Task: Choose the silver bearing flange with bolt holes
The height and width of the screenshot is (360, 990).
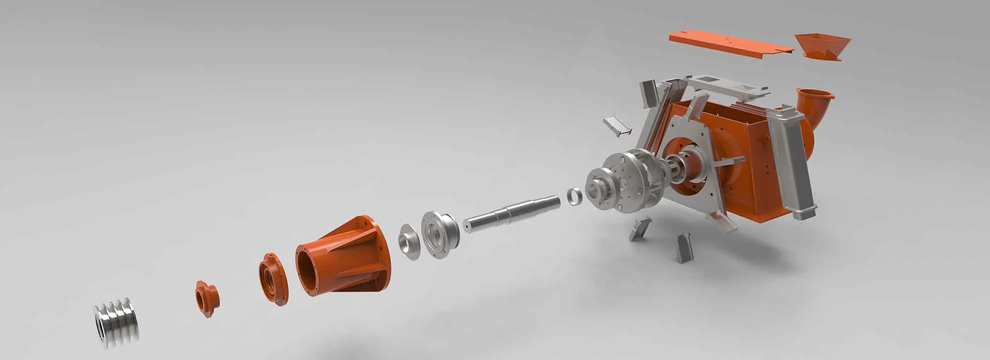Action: pyautogui.click(x=440, y=234)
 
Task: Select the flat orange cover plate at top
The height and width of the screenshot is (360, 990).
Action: pyautogui.click(x=730, y=45)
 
